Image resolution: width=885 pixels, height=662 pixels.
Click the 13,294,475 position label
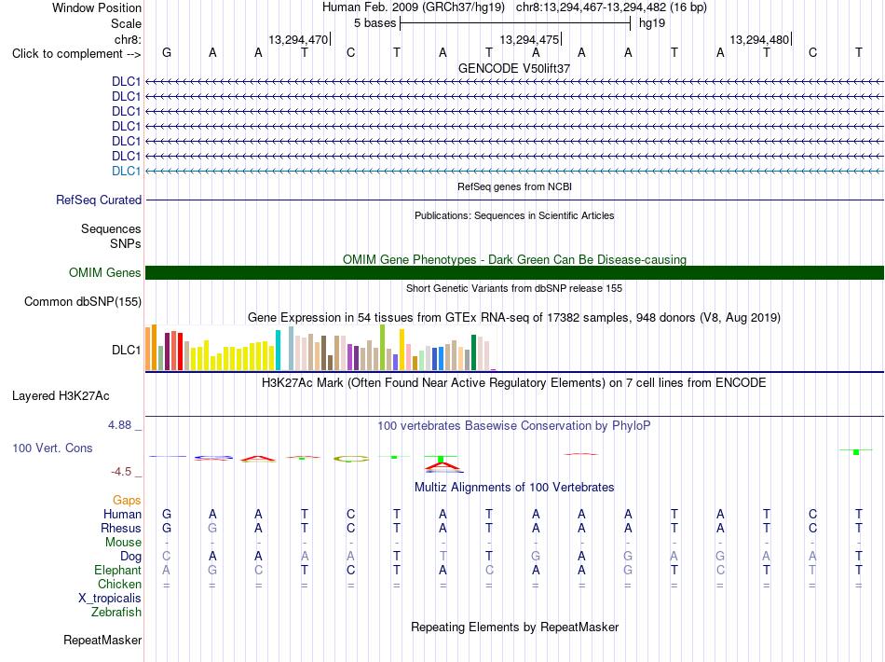pos(529,39)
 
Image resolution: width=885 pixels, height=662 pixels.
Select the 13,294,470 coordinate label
pos(298,39)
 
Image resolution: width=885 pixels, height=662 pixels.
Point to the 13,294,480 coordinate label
pos(759,39)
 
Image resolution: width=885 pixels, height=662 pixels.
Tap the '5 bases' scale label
pos(374,23)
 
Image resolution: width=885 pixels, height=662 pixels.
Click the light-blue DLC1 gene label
pos(127,172)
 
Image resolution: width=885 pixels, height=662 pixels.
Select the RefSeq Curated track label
pos(99,200)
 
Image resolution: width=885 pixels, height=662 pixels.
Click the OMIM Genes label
pos(105,273)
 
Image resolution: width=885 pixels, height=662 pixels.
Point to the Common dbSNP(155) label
pos(83,301)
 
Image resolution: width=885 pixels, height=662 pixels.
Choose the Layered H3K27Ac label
pos(61,396)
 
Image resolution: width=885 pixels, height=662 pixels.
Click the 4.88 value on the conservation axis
pos(119,425)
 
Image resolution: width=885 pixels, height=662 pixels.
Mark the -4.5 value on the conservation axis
pos(121,472)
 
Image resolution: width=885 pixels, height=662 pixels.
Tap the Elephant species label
pos(118,570)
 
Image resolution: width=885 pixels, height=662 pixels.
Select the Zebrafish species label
pos(116,612)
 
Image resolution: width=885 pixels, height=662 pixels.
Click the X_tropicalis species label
pos(110,599)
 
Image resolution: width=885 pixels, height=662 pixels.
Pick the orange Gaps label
pos(127,500)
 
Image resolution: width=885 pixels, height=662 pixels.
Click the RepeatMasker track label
pos(102,640)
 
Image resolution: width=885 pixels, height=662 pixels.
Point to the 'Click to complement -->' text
pos(76,54)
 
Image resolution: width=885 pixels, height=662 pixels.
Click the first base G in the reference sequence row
pos(167,52)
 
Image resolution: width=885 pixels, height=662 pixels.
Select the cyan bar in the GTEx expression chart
pos(278,351)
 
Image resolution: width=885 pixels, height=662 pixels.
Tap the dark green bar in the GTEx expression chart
pos(473,352)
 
